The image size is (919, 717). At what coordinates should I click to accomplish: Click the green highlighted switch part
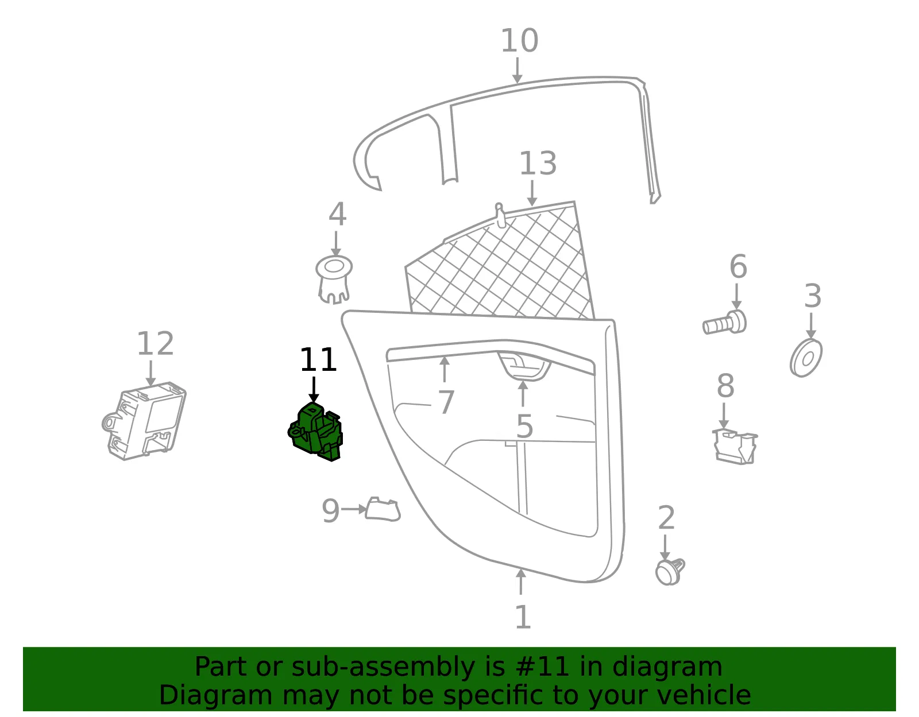tap(316, 432)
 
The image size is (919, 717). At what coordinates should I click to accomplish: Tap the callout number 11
tap(318, 360)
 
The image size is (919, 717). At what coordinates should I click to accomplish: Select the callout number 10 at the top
tap(519, 41)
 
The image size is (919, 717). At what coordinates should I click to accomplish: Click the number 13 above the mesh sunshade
tap(538, 164)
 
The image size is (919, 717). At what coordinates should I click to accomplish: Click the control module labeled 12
tap(144, 421)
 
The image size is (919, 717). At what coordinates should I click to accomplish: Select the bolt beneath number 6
tap(724, 323)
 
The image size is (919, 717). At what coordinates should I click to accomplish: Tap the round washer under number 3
tap(806, 358)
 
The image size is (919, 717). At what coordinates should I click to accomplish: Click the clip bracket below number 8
tap(735, 447)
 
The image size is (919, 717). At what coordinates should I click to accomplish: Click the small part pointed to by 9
tap(383, 509)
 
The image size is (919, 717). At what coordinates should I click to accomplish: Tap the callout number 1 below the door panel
tap(523, 617)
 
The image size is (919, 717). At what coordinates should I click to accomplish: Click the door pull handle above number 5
tap(524, 366)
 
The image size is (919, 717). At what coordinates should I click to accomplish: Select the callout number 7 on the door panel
tap(446, 402)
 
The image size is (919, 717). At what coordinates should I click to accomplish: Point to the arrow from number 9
tap(354, 509)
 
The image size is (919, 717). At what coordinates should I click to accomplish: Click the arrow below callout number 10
tap(518, 71)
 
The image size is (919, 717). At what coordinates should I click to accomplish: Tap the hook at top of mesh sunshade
tap(500, 215)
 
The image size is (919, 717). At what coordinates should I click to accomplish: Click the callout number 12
tap(155, 344)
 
